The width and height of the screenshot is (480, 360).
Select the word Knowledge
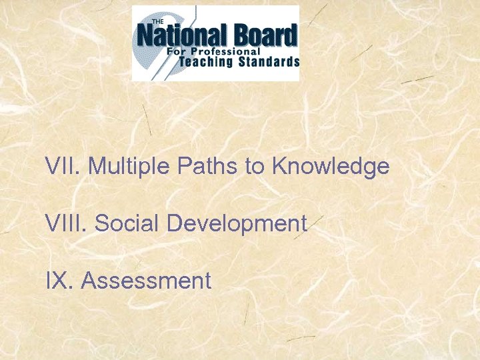[330, 166]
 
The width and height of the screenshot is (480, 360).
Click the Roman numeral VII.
[61, 166]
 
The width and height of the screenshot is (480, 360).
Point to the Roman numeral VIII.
[65, 223]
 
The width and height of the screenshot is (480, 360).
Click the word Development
[237, 223]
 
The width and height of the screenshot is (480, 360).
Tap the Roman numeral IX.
[58, 281]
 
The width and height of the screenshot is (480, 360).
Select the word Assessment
[146, 281]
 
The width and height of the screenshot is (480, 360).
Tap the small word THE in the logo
[159, 21]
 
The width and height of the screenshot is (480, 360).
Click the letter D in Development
[175, 223]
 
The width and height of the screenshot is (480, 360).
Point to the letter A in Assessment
[88, 281]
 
